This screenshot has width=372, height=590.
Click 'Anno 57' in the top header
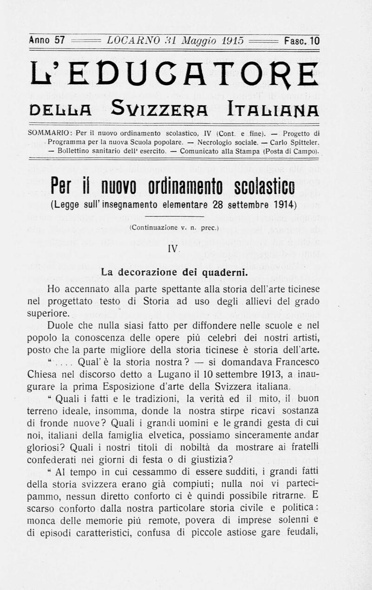(x=46, y=40)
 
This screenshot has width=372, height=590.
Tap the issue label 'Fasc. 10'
(x=302, y=40)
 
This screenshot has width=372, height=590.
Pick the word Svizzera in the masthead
(x=159, y=111)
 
